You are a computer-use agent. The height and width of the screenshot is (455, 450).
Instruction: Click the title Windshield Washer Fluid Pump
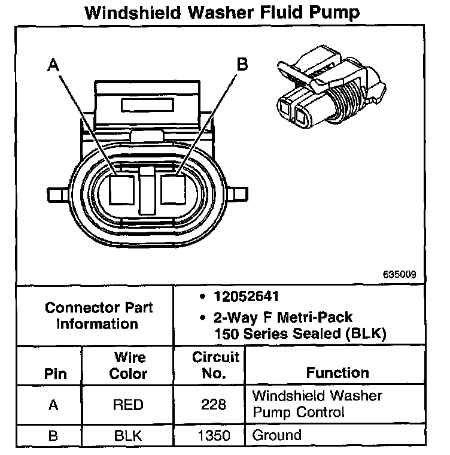click(x=224, y=13)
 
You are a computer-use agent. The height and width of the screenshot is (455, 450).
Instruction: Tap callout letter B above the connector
click(x=242, y=65)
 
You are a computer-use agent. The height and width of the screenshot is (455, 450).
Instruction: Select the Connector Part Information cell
click(x=99, y=316)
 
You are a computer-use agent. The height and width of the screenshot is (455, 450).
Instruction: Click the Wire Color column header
click(x=129, y=365)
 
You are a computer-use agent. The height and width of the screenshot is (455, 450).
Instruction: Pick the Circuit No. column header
click(x=215, y=365)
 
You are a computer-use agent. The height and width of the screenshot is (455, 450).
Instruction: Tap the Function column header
click(x=337, y=372)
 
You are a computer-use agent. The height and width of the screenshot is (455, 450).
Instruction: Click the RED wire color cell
click(x=128, y=405)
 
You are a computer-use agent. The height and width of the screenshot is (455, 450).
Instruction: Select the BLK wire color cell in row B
click(x=128, y=435)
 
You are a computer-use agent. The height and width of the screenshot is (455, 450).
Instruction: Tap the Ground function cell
click(x=276, y=435)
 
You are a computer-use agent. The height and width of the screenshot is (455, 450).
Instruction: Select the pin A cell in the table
click(x=53, y=405)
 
